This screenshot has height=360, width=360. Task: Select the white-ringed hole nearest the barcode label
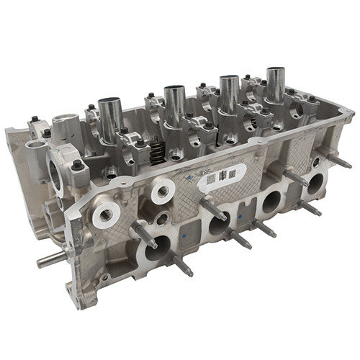click(x=163, y=189)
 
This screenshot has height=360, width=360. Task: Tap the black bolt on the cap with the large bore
click(x=76, y=166)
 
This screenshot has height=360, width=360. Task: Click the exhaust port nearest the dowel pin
click(x=156, y=249)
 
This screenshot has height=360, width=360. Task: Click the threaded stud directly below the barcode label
click(x=215, y=212)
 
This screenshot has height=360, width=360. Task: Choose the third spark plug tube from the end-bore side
click(x=230, y=92)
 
